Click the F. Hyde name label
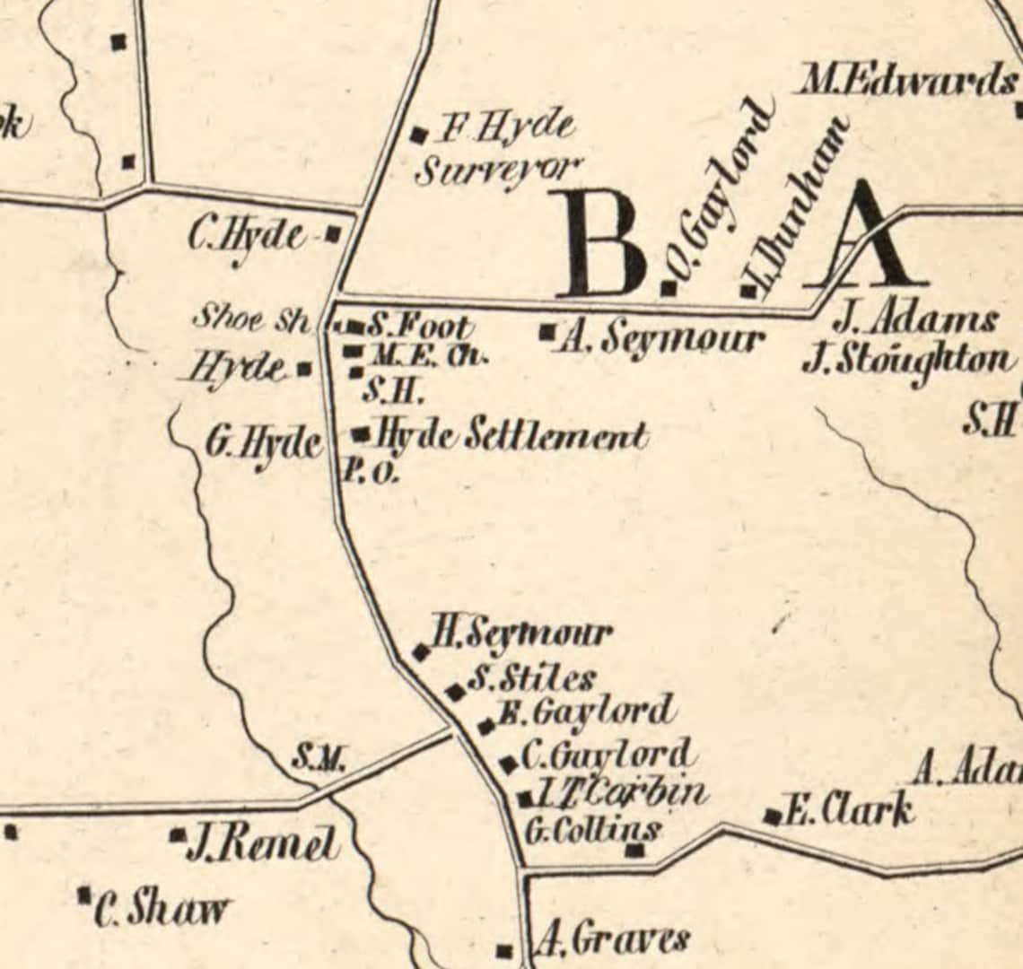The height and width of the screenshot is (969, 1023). [505, 127]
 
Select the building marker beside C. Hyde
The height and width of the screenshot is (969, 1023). [333, 234]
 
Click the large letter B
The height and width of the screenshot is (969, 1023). [600, 244]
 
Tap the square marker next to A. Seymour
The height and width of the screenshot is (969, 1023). [546, 332]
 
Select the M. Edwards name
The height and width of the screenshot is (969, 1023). [906, 83]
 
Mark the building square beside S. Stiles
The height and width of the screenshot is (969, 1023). [456, 692]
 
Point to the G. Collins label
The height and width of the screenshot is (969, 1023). [592, 829]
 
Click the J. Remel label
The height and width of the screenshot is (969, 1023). [262, 845]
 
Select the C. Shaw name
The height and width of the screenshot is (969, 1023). [162, 909]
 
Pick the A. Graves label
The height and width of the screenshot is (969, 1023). [614, 940]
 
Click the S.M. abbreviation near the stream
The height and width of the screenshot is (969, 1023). [318, 761]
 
